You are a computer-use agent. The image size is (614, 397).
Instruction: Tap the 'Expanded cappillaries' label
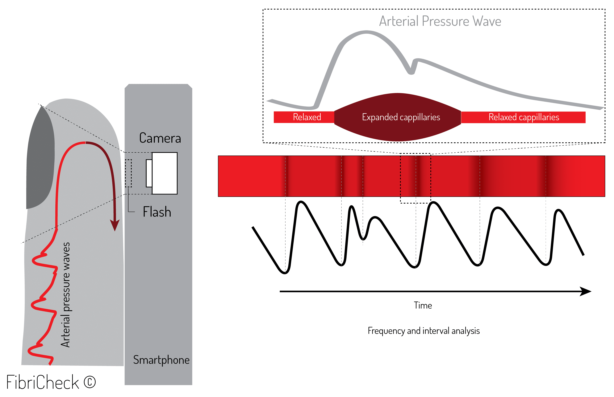(x=401, y=117)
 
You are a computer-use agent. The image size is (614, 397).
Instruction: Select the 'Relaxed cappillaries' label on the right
(x=524, y=117)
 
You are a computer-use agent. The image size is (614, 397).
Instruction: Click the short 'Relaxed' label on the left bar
(x=307, y=117)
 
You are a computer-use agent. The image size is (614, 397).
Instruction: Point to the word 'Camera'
(x=160, y=138)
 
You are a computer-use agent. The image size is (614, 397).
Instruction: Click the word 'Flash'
(x=157, y=212)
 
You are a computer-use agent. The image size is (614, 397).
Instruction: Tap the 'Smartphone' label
(x=161, y=360)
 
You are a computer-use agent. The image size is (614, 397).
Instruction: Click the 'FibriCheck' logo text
(x=43, y=382)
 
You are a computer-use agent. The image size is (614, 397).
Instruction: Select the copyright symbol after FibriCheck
(x=90, y=382)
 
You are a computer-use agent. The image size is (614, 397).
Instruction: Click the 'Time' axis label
(x=423, y=305)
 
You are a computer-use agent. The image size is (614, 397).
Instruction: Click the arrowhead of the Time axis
(x=585, y=291)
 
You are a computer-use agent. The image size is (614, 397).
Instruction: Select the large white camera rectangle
(x=165, y=173)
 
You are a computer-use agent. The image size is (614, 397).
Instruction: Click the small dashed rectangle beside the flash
(x=128, y=173)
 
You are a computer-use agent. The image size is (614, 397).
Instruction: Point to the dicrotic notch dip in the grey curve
(x=411, y=72)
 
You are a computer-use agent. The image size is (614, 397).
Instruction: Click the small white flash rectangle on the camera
(x=149, y=173)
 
